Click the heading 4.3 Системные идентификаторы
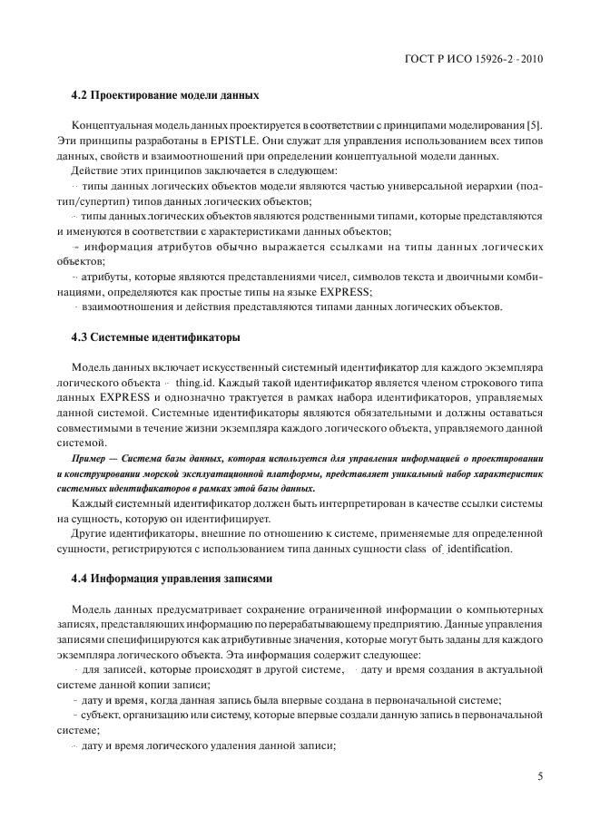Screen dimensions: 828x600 pyautogui.click(x=155, y=337)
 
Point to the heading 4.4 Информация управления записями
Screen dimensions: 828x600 pyautogui.click(x=171, y=578)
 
